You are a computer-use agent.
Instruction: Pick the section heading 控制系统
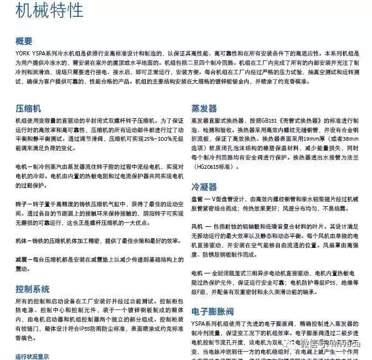click(x=32, y=288)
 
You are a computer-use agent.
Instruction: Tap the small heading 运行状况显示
click(x=32, y=356)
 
